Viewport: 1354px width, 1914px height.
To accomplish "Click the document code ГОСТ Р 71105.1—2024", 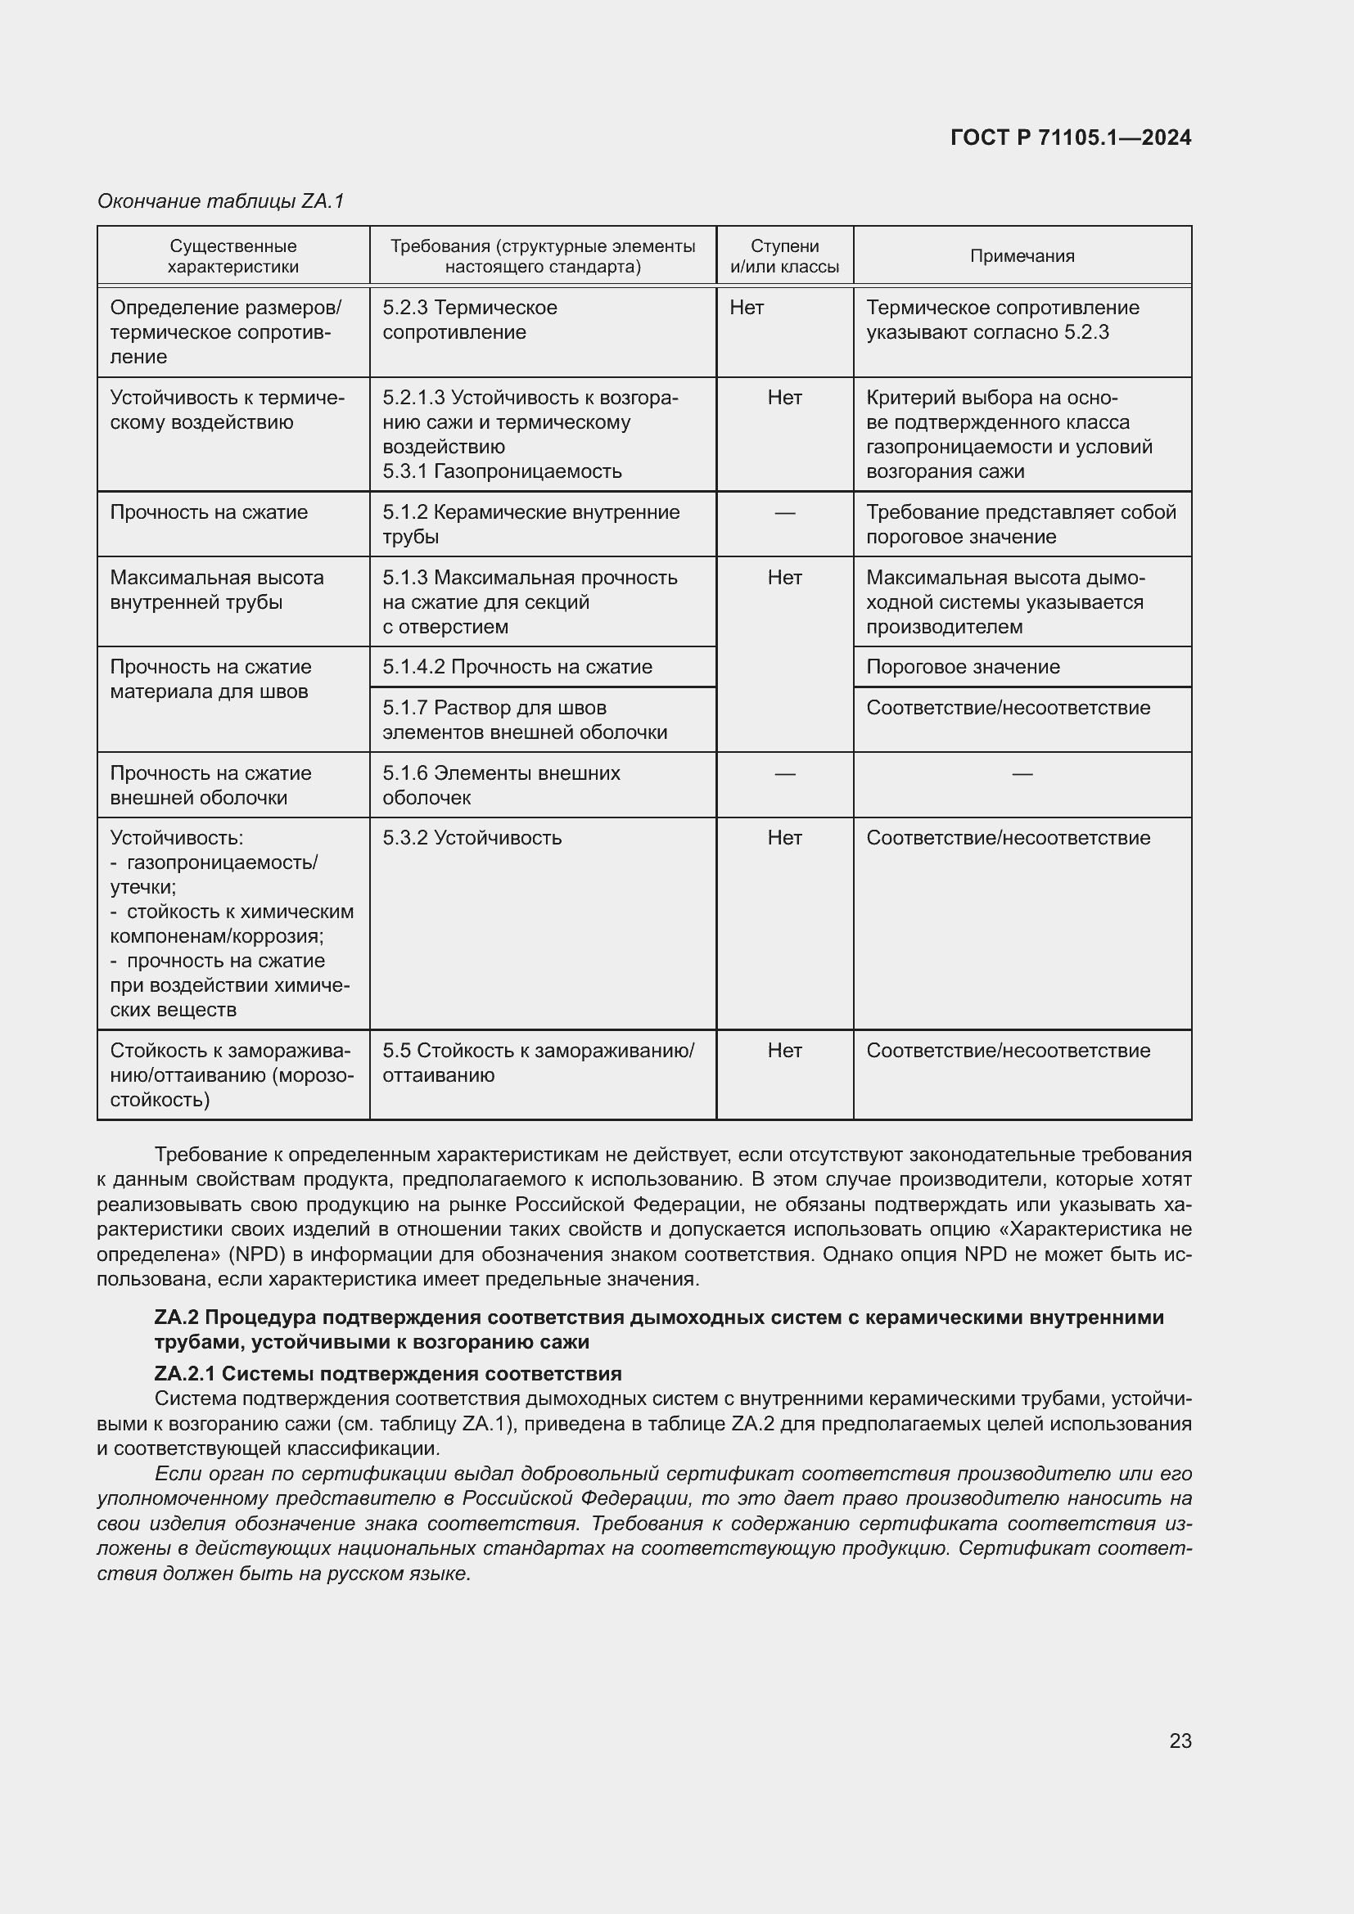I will click(1070, 137).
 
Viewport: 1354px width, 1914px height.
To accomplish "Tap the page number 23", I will click(1180, 1741).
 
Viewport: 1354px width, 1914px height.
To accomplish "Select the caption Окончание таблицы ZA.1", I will click(221, 201).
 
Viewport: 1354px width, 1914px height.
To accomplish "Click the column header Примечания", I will click(1022, 256).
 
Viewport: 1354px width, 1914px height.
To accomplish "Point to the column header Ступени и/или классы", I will click(783, 256).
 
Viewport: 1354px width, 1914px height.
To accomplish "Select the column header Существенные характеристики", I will click(232, 256).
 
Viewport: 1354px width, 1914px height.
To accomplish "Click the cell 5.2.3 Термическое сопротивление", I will click(469, 319).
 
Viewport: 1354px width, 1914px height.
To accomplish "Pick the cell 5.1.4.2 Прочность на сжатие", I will click(517, 667).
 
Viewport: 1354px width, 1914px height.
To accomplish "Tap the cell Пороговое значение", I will click(963, 667).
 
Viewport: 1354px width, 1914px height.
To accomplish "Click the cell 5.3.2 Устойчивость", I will click(472, 838).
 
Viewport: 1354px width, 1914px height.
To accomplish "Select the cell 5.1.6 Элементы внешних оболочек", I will click(501, 786).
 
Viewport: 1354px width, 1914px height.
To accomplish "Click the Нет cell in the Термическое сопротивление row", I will click(747, 308).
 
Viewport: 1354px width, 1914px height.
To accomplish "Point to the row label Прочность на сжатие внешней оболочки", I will click(210, 786).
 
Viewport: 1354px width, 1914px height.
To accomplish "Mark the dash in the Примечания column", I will click(1022, 774).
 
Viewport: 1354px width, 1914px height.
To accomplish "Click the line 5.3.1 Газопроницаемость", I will click(502, 471).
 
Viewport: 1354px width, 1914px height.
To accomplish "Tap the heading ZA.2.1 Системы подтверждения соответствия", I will click(388, 1373).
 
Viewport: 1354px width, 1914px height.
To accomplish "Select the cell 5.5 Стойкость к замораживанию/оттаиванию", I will click(538, 1062).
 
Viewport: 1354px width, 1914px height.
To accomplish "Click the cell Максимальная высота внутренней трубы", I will click(217, 589).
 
